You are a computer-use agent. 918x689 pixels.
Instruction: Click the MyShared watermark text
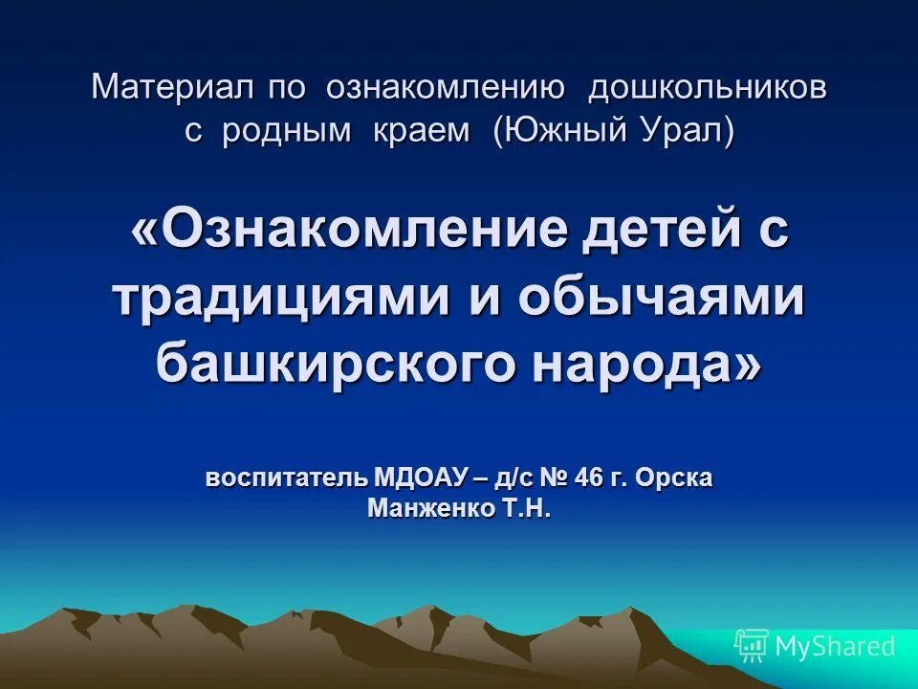[835, 646]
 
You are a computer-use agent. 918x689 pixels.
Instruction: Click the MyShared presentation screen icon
[752, 646]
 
